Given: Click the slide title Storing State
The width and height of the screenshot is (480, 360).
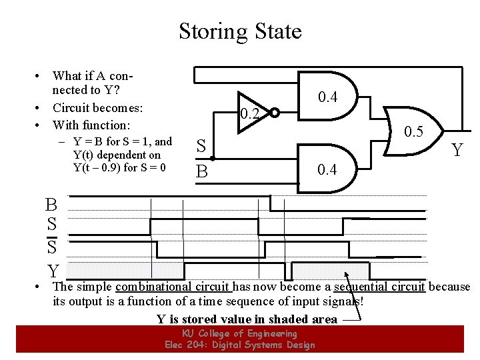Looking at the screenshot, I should point(240,31).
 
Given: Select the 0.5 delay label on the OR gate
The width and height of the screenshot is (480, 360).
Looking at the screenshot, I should point(413,131).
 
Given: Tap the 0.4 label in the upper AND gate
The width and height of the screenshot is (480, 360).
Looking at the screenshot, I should point(327,97).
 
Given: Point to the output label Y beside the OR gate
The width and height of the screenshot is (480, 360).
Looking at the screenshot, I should point(458,151).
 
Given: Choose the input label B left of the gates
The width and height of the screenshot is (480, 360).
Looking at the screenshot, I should point(201,171).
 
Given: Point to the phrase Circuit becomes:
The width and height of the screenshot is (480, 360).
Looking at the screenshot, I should point(97,107).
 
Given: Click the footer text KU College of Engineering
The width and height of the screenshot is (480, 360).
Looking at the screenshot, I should point(239,333).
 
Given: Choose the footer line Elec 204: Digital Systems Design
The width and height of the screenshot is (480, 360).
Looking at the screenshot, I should point(239,345).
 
